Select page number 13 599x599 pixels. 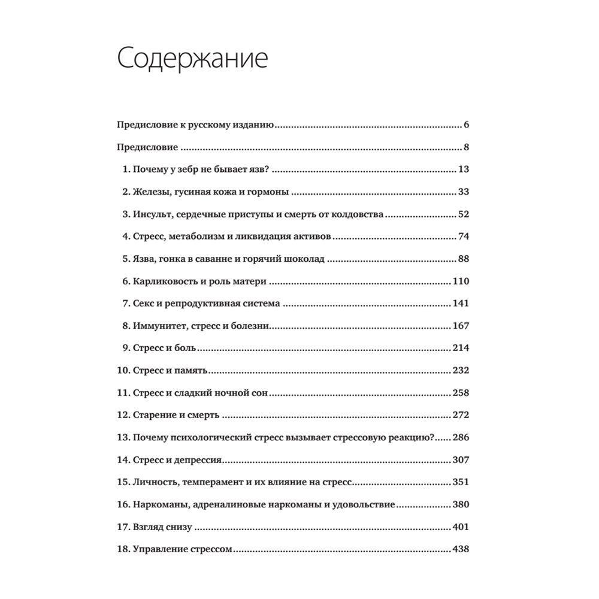pyautogui.click(x=463, y=170)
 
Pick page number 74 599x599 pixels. pyautogui.click(x=463, y=236)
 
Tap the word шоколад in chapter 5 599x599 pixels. pyautogui.click(x=304, y=259)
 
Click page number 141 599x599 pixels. pyautogui.click(x=461, y=303)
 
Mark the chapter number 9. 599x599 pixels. pyautogui.click(x=125, y=347)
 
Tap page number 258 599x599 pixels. pyautogui.click(x=461, y=392)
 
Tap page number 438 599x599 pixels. pyautogui.click(x=461, y=549)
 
